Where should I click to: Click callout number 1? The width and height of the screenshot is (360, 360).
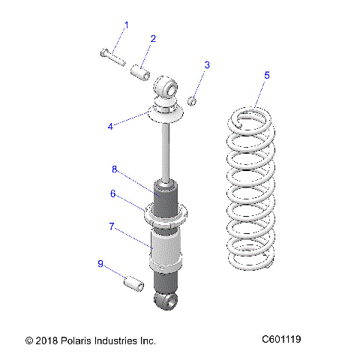pyautogui.click(x=126, y=25)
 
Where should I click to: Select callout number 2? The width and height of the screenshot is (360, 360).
pyautogui.click(x=153, y=38)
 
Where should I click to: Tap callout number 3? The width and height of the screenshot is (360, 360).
pyautogui.click(x=207, y=64)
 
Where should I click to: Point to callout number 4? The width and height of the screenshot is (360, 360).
pyautogui.click(x=110, y=126)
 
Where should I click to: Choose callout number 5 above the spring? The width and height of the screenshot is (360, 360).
pyautogui.click(x=266, y=75)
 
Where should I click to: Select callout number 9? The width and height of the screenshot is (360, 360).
pyautogui.click(x=100, y=263)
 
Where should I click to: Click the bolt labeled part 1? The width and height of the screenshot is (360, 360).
pyautogui.click(x=110, y=54)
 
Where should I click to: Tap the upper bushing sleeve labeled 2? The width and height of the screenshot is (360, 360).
pyautogui.click(x=139, y=73)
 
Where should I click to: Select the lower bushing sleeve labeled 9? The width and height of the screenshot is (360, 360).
pyautogui.click(x=132, y=286)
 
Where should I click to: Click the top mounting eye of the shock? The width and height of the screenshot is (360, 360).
pyautogui.click(x=167, y=89)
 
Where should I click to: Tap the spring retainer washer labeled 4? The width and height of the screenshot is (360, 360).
pyautogui.click(x=166, y=113)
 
